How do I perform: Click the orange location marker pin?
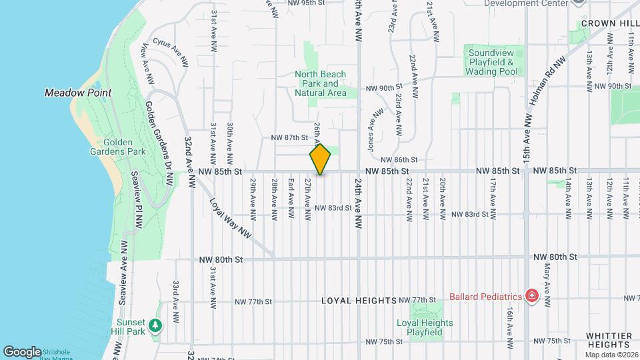[x=321, y=159]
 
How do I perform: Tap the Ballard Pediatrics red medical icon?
[x=531, y=295]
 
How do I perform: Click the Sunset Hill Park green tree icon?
[x=155, y=325]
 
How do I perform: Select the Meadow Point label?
[x=78, y=93]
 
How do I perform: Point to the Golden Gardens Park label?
[x=117, y=147]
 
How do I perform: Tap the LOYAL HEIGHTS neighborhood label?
[x=359, y=301]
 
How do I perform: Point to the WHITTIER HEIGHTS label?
[x=609, y=340]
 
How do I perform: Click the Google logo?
[x=22, y=351]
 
